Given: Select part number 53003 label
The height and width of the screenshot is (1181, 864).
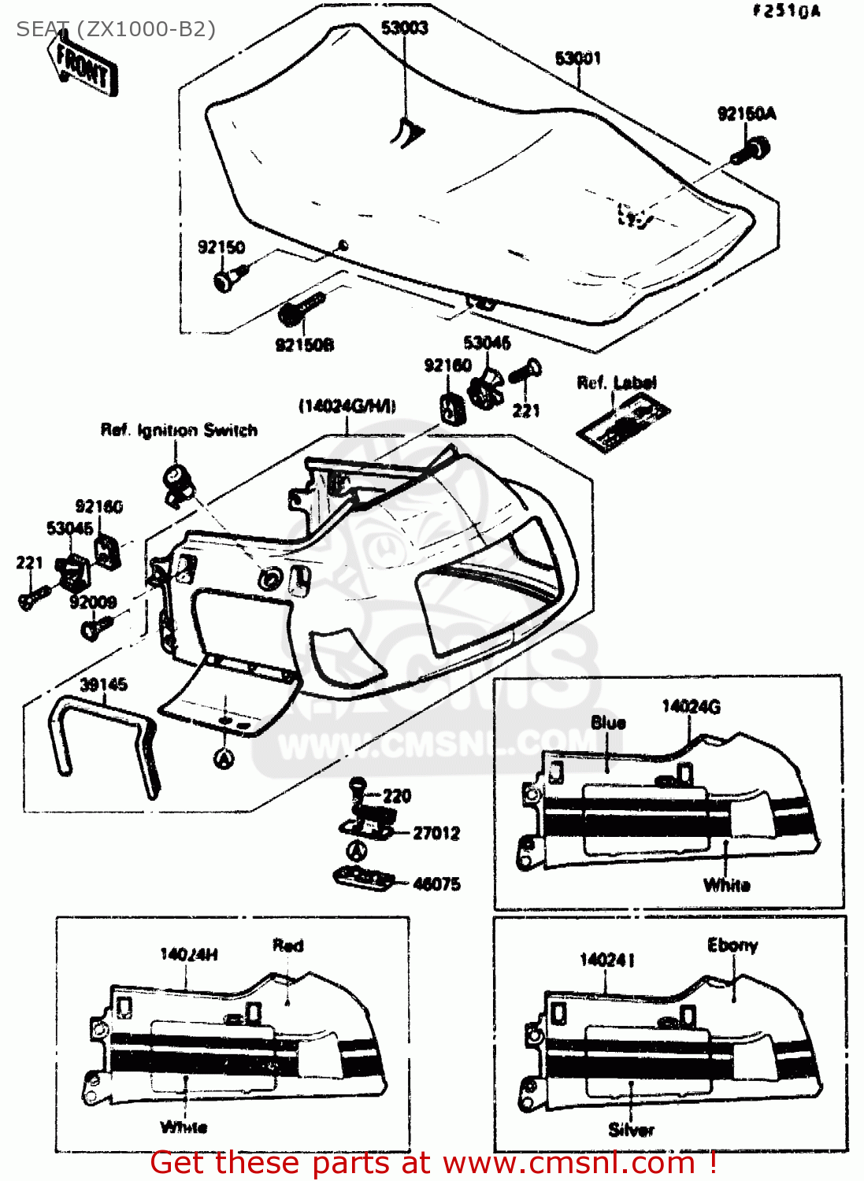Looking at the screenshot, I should (x=405, y=28).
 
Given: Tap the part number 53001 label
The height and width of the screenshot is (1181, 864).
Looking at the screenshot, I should (x=578, y=58).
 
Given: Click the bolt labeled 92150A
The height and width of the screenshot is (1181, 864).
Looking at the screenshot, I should (x=751, y=149).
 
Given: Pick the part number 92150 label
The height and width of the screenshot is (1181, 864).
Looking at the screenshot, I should (x=221, y=247).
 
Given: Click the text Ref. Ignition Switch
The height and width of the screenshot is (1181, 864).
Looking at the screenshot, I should (x=179, y=431).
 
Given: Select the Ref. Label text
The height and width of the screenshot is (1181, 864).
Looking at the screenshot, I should (x=617, y=383).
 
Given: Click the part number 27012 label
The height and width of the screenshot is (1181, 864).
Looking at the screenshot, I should (x=436, y=833).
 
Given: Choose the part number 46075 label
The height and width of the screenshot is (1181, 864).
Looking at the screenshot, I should (x=436, y=884).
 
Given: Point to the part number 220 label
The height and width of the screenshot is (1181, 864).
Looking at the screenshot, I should (x=397, y=796).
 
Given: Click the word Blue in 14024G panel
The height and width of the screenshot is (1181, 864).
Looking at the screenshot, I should (x=608, y=723).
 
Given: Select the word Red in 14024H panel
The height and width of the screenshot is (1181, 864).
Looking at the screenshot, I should (x=287, y=946).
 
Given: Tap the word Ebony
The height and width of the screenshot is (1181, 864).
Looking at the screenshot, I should (x=732, y=946).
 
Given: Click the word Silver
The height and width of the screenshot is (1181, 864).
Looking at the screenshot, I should (x=631, y=1130).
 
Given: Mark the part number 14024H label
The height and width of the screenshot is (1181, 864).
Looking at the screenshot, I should (x=189, y=955).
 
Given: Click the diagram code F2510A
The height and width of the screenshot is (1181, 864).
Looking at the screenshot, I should (x=786, y=11).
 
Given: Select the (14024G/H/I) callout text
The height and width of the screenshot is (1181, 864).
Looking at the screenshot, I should (x=347, y=406).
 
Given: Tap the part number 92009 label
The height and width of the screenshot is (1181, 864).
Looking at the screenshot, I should (x=93, y=602).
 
